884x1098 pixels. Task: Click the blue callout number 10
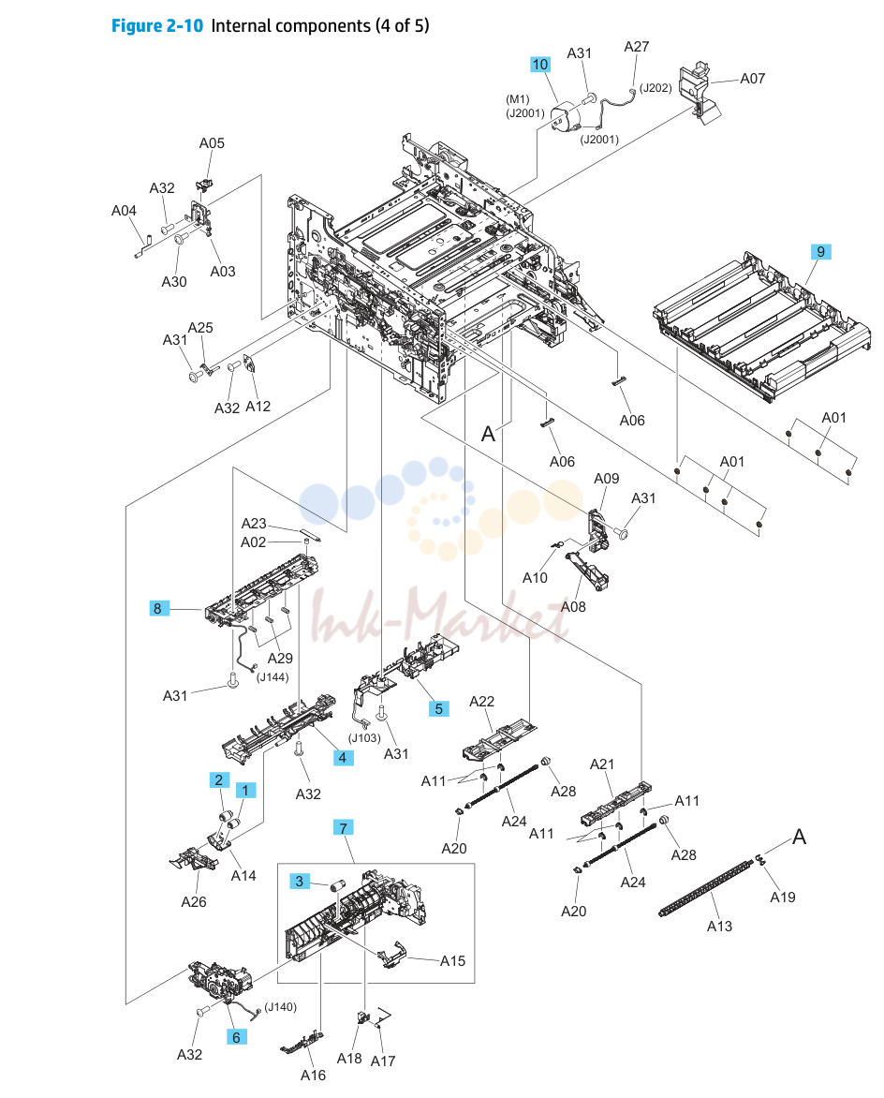(539, 65)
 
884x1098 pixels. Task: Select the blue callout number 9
(820, 251)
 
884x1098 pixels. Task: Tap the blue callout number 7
(343, 827)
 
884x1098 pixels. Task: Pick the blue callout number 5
(439, 708)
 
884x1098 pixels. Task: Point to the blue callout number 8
(157, 609)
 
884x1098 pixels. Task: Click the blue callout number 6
(236, 1037)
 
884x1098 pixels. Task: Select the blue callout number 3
(300, 881)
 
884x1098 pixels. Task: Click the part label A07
(752, 79)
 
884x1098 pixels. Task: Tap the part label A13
(719, 926)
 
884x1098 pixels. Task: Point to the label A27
(636, 46)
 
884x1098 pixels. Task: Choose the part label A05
(212, 142)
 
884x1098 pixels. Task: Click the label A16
(313, 1075)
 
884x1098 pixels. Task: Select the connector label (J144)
(273, 677)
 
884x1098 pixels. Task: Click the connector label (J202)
(656, 87)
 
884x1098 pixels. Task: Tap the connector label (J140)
(280, 1007)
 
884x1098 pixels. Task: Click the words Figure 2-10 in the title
(157, 26)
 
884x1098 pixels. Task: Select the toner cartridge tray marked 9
(761, 328)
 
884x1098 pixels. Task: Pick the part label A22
(481, 701)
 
